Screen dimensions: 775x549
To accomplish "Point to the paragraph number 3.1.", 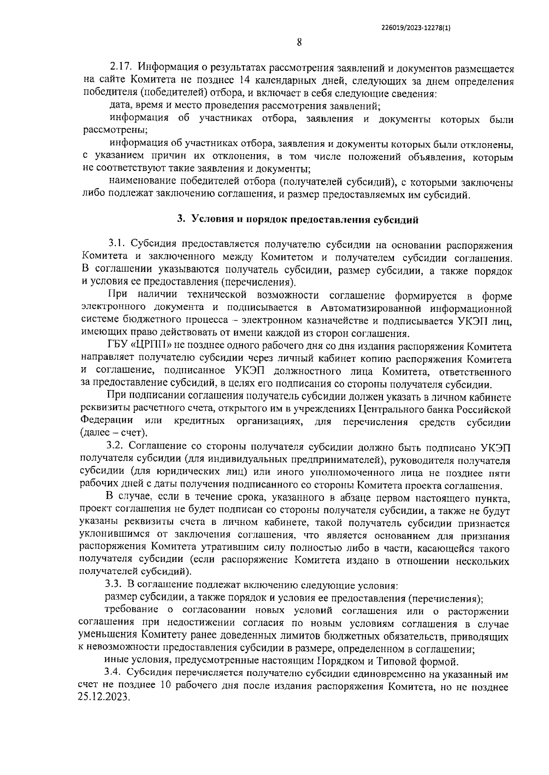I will pos(119,246).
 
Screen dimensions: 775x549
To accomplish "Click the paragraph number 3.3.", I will pos(114,585).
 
